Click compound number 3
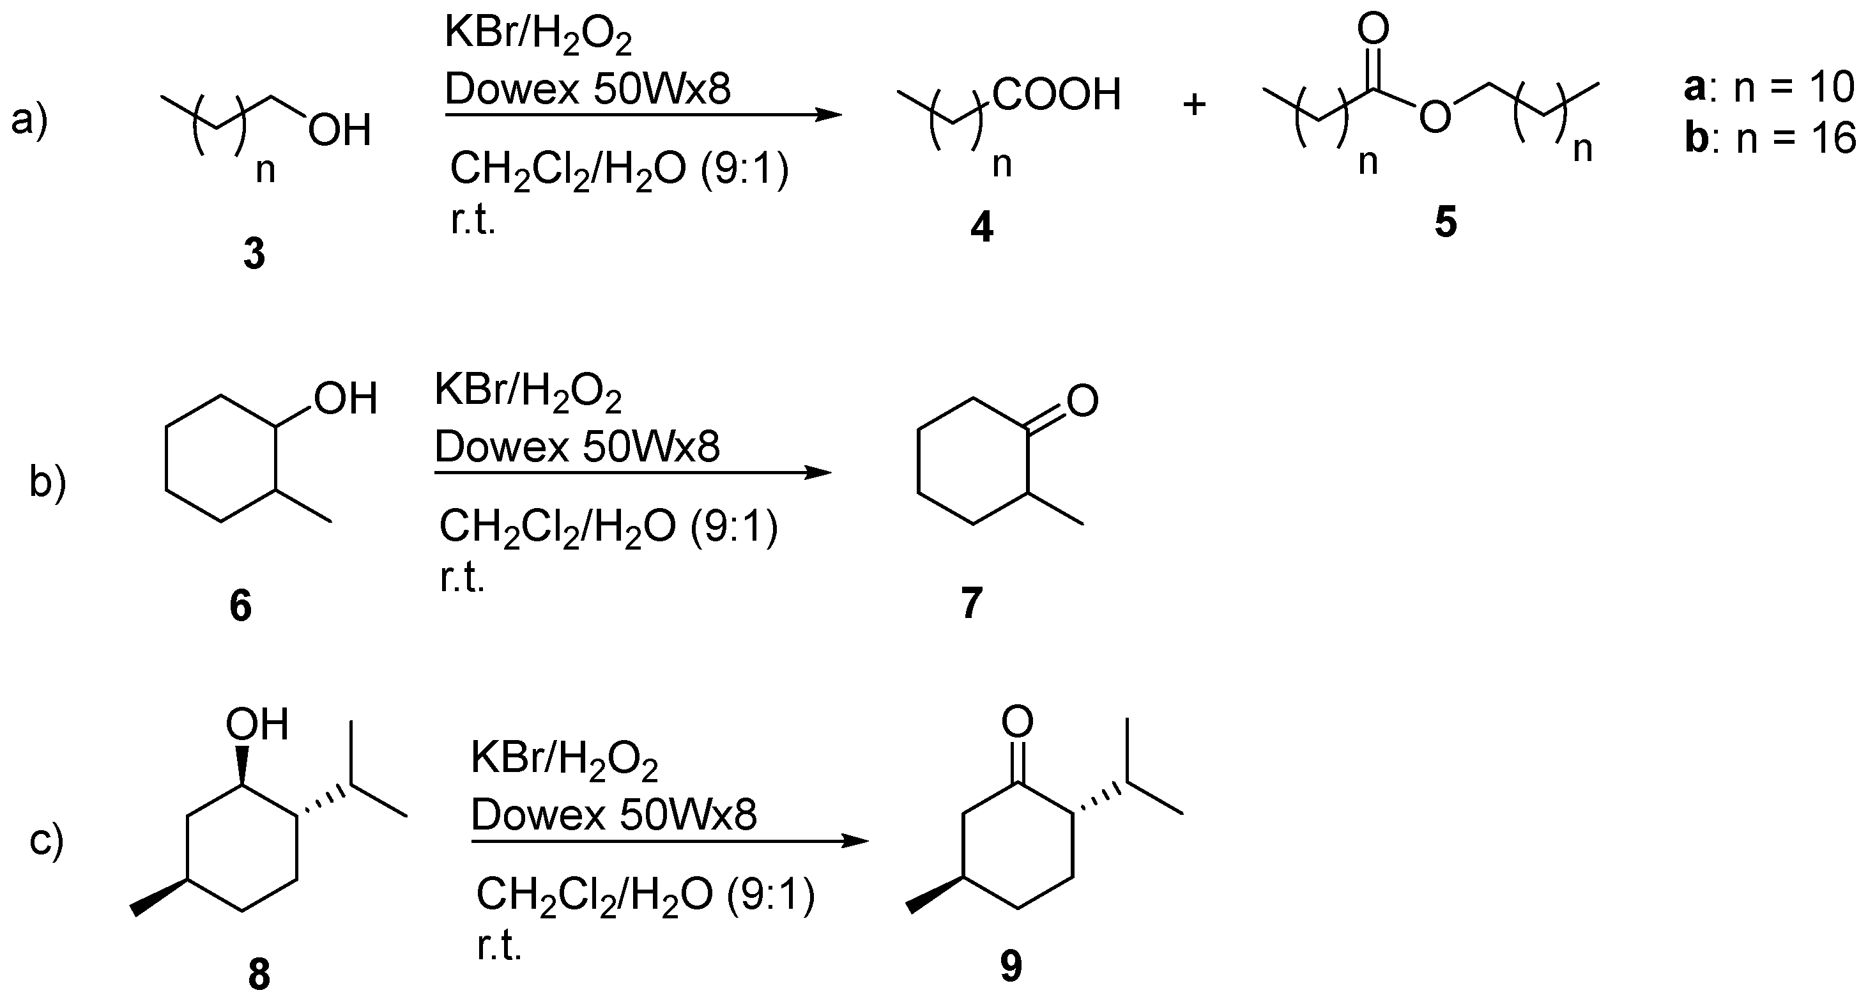tap(254, 254)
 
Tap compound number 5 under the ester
tap(1445, 222)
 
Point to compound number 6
tap(241, 605)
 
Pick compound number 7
tap(972, 602)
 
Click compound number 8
tap(259, 975)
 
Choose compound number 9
tap(1011, 966)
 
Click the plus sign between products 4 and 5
tap(1194, 105)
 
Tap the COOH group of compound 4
tap(1057, 95)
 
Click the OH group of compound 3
tap(339, 131)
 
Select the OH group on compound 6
tap(346, 399)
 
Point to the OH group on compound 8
tap(257, 725)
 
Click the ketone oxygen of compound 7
tap(1083, 401)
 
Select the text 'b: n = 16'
tap(1770, 139)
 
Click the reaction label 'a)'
tap(29, 120)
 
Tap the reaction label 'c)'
tap(47, 841)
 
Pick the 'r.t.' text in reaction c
tap(500, 946)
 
